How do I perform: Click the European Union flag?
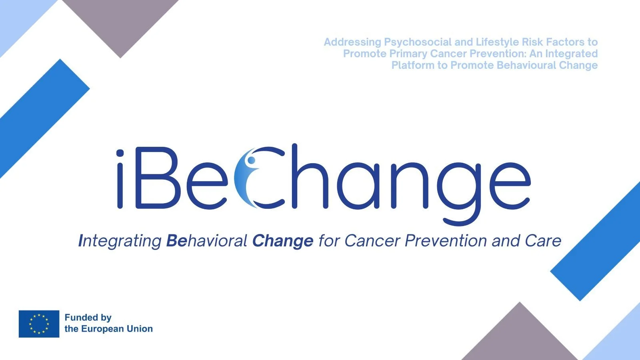39,324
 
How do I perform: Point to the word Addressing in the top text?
352,42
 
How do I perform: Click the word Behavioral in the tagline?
206,240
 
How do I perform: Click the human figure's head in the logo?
252,160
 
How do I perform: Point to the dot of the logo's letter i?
120,153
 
